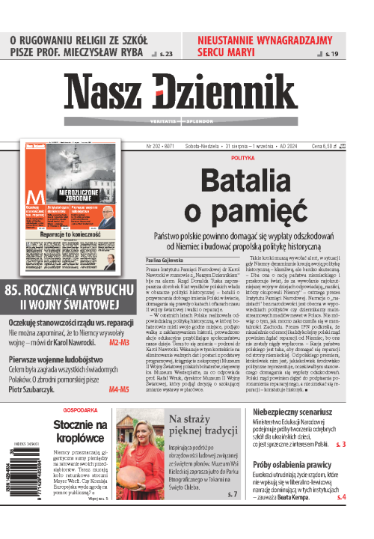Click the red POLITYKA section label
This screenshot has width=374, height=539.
[x=243, y=159]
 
